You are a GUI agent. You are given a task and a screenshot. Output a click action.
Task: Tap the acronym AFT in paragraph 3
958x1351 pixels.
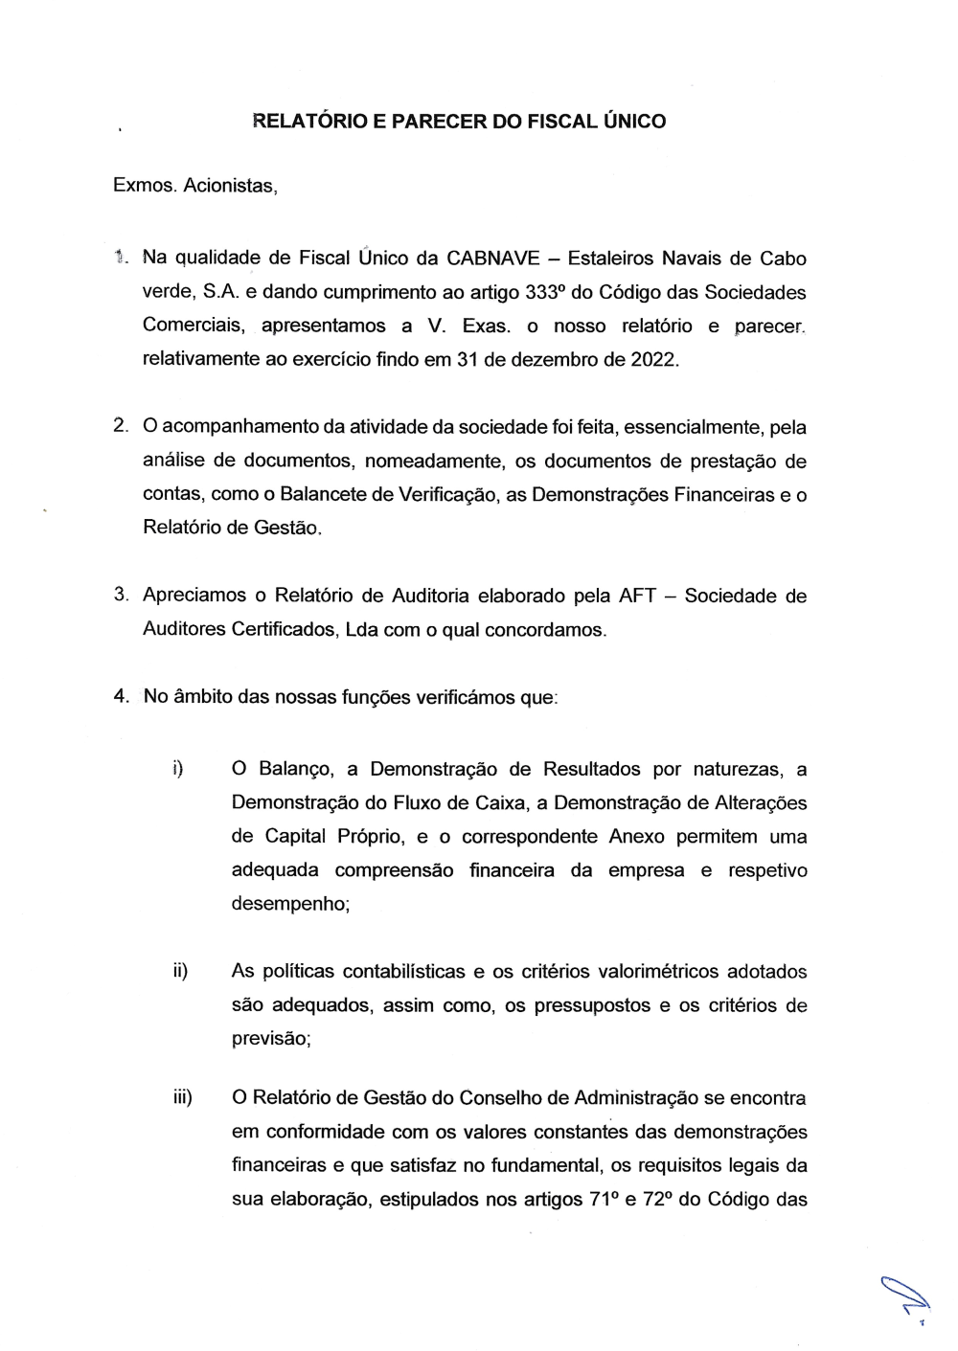(637, 596)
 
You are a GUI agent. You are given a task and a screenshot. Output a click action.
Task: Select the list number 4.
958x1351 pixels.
(120, 696)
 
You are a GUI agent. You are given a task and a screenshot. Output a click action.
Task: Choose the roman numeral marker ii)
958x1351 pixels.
(179, 971)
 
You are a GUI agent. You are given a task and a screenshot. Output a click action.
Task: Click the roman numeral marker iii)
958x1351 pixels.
(182, 1097)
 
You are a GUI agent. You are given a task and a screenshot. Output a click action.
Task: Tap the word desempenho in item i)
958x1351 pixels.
(288, 903)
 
